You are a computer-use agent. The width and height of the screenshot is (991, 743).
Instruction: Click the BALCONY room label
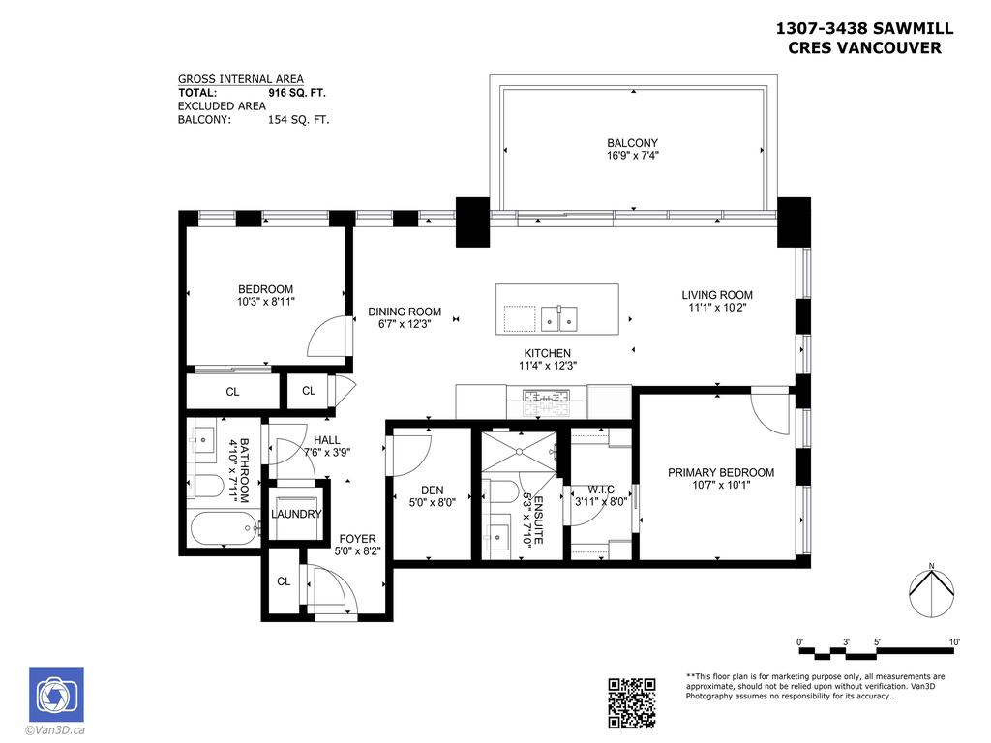633,143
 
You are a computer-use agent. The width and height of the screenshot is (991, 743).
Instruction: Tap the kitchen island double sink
559,315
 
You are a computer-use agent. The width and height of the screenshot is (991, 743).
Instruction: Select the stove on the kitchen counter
547,397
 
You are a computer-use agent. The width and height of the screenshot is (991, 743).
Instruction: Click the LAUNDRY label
296,514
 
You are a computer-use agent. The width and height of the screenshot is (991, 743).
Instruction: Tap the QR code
631,702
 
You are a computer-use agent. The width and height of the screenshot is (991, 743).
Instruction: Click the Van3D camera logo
56,694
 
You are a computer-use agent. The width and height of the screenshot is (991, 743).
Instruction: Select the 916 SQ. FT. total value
297,93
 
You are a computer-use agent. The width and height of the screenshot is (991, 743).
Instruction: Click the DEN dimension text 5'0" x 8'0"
432,503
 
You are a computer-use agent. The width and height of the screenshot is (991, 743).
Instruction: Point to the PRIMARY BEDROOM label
721,472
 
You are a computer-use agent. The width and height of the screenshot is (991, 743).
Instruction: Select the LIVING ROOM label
716,295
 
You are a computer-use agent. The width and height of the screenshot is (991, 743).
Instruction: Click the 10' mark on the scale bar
953,642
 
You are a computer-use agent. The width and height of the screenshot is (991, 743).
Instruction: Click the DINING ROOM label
405,312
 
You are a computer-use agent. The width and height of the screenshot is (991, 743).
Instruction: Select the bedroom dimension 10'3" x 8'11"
265,302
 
